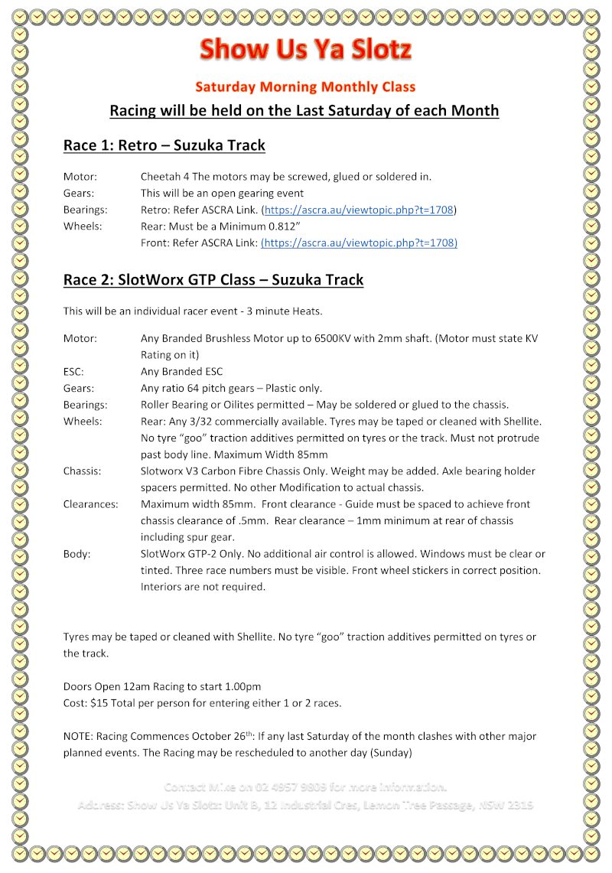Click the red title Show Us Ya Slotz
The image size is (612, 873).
point(305,50)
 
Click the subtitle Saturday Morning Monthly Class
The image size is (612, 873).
point(305,86)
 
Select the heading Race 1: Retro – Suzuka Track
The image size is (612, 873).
point(164,145)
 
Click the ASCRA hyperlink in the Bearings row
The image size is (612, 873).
point(359,210)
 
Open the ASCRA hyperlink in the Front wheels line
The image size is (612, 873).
point(359,243)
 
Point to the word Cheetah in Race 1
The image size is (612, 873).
point(161,176)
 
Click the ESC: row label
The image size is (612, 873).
point(73,372)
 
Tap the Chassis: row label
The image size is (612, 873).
point(82,471)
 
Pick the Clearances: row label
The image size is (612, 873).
point(90,504)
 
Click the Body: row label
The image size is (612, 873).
point(76,554)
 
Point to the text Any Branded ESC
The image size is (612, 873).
point(181,372)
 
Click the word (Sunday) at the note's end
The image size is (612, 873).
point(389,753)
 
